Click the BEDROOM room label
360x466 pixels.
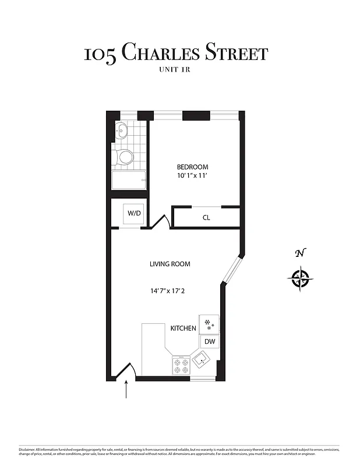[192, 167]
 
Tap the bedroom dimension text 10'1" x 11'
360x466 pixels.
[192, 176]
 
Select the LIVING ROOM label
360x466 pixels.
[170, 264]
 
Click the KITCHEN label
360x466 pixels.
[183, 329]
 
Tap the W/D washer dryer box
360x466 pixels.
[135, 213]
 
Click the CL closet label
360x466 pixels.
[206, 218]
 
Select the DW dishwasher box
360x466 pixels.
[209, 342]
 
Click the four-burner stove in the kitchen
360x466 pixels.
[181, 365]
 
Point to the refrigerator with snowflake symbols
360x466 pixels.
[209, 324]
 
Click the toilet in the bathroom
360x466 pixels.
[125, 156]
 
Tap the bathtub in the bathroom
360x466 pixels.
[129, 180]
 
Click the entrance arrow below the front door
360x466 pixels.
[126, 390]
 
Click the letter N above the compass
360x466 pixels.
[300, 253]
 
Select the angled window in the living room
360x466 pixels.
[231, 270]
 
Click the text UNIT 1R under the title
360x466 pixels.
[175, 70]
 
